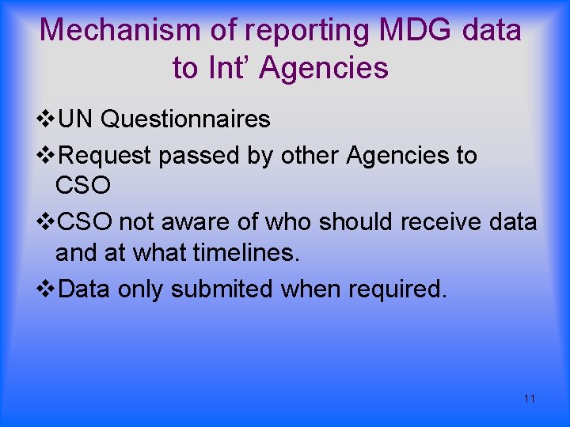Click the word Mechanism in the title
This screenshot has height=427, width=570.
coord(110,31)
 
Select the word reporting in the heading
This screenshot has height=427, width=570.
coord(306,31)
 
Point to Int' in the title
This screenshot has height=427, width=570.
coord(230,69)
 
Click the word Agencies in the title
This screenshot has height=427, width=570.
coord(324,69)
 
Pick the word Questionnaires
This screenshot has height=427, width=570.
coord(186,119)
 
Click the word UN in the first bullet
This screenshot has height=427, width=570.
coord(76,119)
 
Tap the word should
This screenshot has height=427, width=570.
coord(354,222)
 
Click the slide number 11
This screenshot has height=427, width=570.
coord(530,399)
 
